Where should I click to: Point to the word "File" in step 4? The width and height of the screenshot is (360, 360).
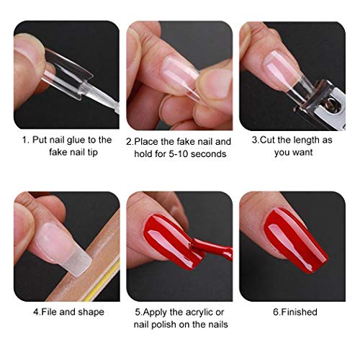49,312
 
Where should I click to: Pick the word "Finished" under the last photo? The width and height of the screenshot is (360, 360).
299,312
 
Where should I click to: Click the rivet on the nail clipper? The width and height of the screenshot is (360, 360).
332,101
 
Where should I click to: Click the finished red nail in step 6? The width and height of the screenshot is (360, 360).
294,240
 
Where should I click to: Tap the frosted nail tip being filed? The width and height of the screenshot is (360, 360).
79,262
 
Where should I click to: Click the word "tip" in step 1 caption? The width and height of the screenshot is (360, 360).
92,153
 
